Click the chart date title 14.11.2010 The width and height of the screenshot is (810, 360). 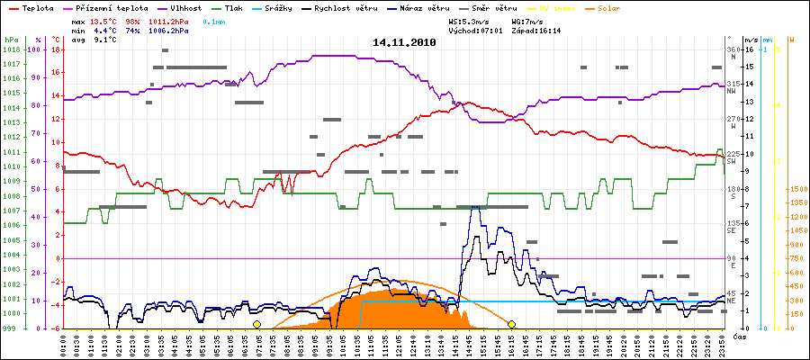click(404, 42)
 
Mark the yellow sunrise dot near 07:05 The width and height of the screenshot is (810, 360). click(256, 324)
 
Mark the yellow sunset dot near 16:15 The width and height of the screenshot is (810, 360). click(511, 324)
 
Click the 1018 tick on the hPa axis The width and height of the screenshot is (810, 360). click(11, 49)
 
